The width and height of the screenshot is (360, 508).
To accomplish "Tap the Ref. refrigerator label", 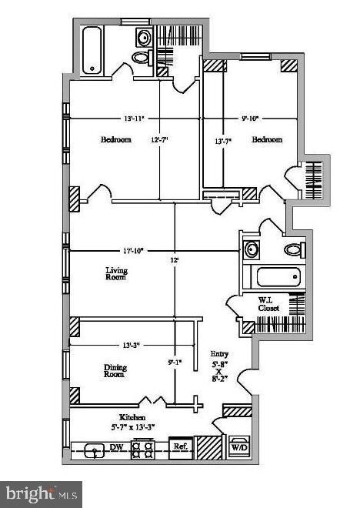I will pos(180,446).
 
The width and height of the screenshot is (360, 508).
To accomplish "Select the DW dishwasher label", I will pos(117,446).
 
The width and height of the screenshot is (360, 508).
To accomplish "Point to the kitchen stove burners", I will pos(143,450).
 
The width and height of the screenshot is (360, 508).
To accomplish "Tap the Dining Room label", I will pos(115,372).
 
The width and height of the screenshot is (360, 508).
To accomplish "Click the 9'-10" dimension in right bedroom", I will pos(249,119).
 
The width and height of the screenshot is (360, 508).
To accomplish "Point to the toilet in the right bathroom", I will pos(293,249).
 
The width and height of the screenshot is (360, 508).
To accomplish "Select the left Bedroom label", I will pos(115,140).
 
